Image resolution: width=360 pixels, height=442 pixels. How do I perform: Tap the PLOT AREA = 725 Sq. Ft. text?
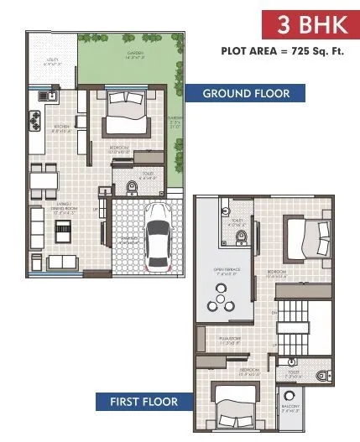coord(284,51)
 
